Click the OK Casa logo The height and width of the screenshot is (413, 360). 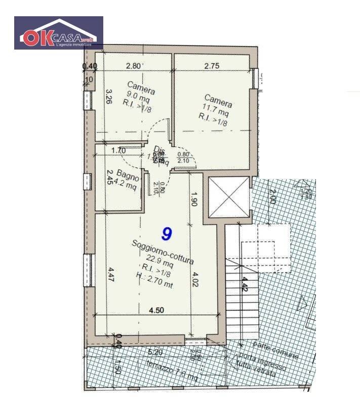coord(58,33)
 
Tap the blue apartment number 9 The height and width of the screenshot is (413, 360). coord(166,233)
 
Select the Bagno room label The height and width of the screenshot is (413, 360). coord(128,175)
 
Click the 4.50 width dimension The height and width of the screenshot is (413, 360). coord(155,310)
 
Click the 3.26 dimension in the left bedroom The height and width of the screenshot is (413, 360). coord(108,96)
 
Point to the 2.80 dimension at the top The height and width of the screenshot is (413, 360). coord(134,65)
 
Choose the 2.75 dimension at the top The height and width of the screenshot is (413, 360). coord(212,65)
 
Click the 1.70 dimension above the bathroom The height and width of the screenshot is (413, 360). coord(118,150)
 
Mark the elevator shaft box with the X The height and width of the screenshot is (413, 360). coord(229,196)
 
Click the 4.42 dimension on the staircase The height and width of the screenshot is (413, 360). coord(245,285)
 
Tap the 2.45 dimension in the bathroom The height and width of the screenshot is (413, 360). coord(108,178)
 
